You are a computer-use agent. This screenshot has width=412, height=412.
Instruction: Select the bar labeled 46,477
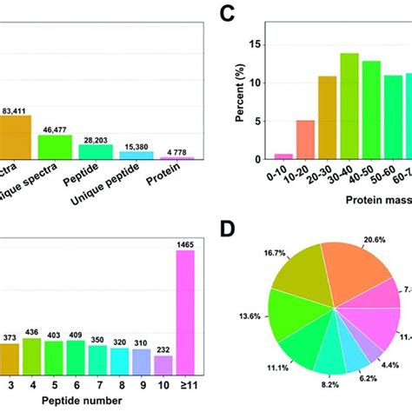pyautogui.click(x=55, y=147)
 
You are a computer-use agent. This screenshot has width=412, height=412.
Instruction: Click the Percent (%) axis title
pyautogui.click(x=240, y=86)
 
